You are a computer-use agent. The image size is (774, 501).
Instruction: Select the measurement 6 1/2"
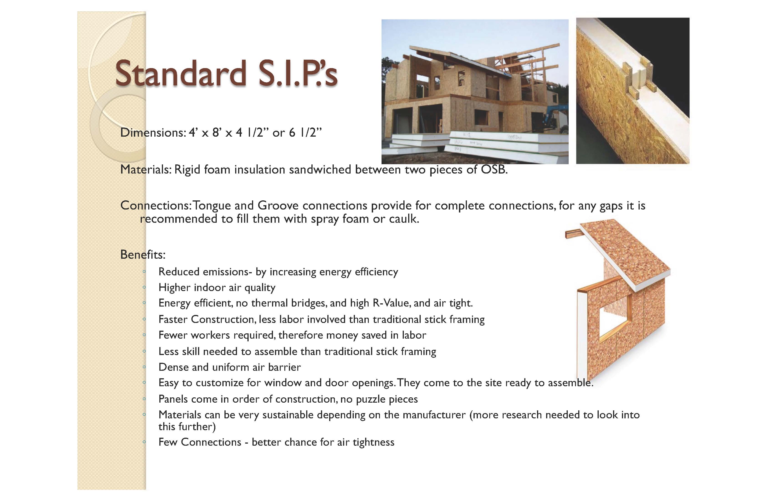pyautogui.click(x=305, y=133)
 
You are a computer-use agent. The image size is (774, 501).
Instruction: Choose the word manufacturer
pyautogui.click(x=434, y=415)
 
